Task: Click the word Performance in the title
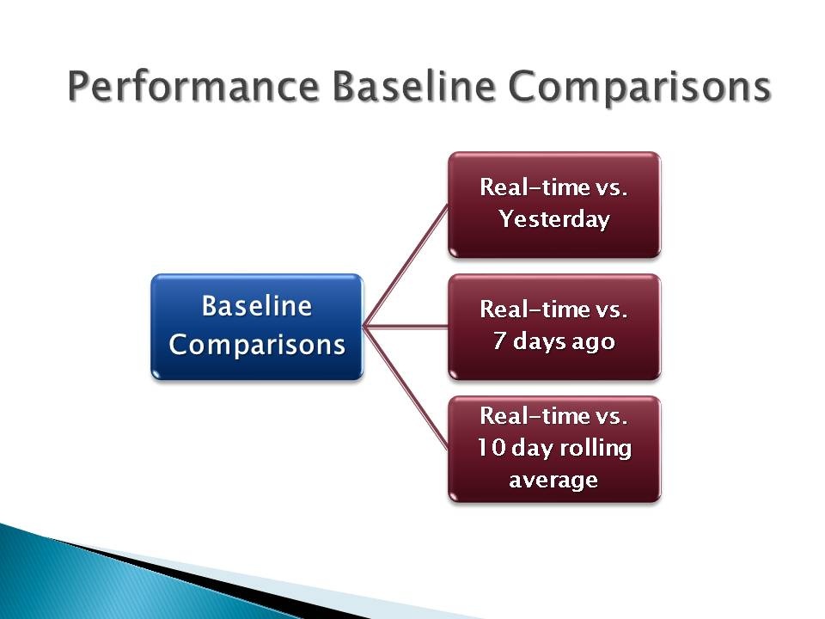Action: (193, 87)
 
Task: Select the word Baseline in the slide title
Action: (413, 86)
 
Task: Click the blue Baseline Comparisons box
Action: (257, 327)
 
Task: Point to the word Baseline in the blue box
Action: (257, 306)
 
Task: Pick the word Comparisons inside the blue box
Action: (257, 346)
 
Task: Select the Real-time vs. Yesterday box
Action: (554, 205)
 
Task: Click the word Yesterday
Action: (554, 219)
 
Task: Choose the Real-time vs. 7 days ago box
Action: (554, 327)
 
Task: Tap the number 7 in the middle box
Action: (499, 340)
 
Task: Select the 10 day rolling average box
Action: (554, 449)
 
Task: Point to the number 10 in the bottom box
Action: (492, 447)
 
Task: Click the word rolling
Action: (596, 449)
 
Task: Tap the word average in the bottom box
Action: (553, 481)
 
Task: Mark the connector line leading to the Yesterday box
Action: (406, 266)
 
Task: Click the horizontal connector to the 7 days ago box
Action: (406, 327)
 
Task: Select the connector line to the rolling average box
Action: (406, 388)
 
